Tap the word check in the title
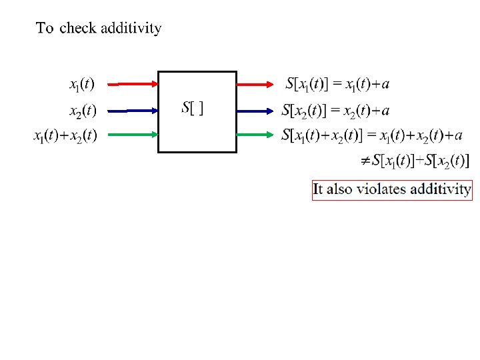point(77,28)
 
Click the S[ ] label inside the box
point(193,108)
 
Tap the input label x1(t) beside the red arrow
point(82,85)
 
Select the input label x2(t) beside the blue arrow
point(83,109)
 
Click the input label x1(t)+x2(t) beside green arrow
point(65,135)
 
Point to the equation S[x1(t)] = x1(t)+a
point(337,84)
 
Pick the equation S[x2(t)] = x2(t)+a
point(336,109)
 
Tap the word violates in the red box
point(381,189)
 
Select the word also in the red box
point(339,189)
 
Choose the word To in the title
point(45,28)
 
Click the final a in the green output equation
point(457,136)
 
